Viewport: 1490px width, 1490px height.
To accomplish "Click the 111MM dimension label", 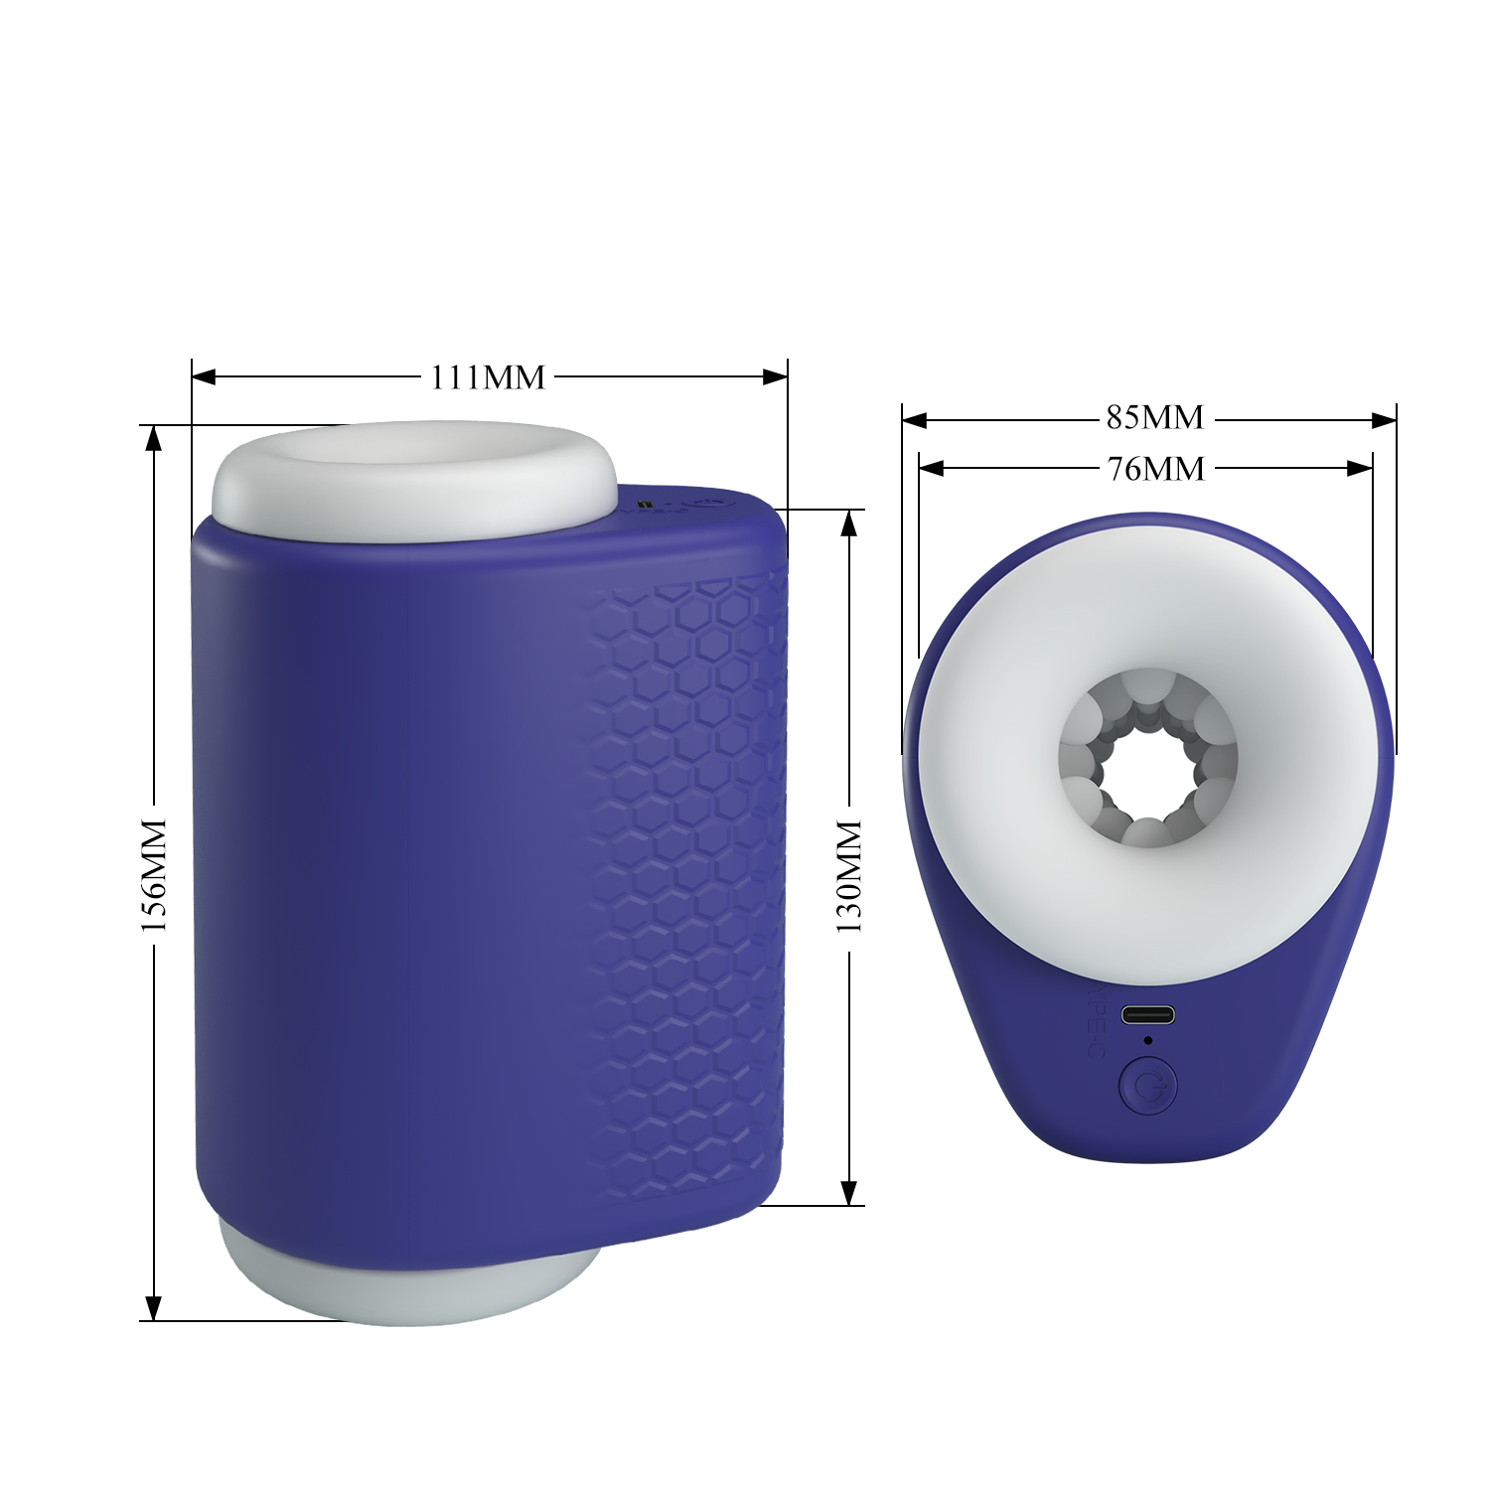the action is (x=488, y=377).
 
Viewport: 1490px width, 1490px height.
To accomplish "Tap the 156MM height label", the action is (x=154, y=875).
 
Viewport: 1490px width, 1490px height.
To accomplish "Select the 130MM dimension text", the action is (x=849, y=877).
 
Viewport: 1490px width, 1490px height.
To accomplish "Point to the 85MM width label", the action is (x=1155, y=418).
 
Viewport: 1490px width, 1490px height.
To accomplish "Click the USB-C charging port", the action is (x=1148, y=1015).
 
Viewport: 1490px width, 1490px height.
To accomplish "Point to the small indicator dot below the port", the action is (x=1148, y=1041).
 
